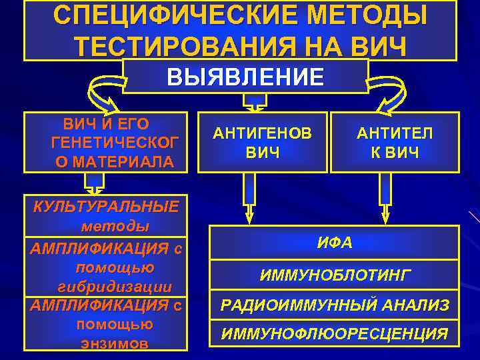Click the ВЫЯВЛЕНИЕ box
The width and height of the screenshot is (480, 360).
[x=245, y=76]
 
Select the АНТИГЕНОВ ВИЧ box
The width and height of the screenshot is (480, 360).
[x=262, y=143]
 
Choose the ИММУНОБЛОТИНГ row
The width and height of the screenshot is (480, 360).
[x=334, y=275]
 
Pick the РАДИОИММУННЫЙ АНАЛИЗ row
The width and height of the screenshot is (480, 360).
[x=334, y=305]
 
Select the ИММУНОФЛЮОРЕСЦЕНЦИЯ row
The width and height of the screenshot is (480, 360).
[x=334, y=334]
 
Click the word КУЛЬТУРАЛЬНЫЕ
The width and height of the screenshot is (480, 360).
[x=106, y=207]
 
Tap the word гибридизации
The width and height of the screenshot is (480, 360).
[x=115, y=287]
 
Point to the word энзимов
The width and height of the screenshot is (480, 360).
[x=114, y=344]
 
